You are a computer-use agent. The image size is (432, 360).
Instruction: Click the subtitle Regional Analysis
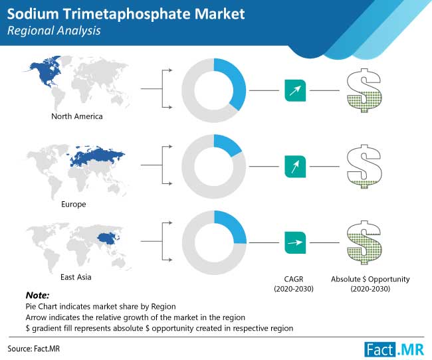(54, 31)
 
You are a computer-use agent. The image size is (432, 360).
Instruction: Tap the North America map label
(77, 116)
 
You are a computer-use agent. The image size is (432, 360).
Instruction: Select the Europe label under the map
(74, 204)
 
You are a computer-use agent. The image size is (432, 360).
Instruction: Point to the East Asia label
(76, 277)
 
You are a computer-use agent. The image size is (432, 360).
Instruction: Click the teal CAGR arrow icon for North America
(295, 90)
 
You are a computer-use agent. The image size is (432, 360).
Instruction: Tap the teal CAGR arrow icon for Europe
(295, 166)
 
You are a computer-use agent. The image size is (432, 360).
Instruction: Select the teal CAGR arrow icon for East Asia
(295, 242)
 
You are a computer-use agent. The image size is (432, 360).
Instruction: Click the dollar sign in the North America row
(364, 90)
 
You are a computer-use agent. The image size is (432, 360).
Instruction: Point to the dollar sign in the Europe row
(364, 166)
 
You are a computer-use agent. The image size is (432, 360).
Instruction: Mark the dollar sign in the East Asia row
(364, 242)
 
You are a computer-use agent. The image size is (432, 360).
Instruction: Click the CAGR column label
(294, 284)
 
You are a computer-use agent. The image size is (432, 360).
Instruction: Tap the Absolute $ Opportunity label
(370, 284)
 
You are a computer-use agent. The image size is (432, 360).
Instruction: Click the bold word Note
(37, 296)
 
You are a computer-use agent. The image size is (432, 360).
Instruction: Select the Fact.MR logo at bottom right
(394, 349)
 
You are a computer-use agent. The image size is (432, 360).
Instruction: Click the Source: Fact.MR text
(34, 349)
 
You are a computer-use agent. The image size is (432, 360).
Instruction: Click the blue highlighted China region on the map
(108, 238)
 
